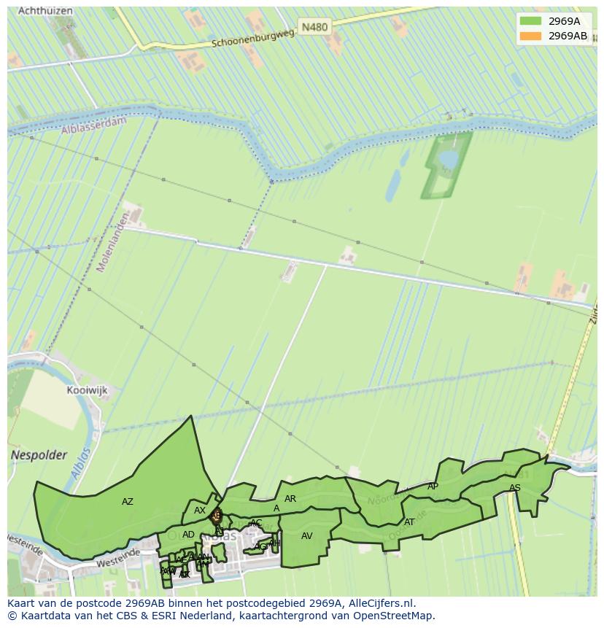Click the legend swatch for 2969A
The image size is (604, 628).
[530, 20]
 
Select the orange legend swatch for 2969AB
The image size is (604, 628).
[530, 36]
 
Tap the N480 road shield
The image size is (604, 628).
[314, 27]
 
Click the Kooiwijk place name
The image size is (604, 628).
[87, 390]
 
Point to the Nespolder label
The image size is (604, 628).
[39, 455]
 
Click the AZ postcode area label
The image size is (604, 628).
[128, 502]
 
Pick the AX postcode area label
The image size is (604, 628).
[200, 511]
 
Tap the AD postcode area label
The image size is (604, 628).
[188, 535]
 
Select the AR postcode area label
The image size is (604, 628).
[290, 499]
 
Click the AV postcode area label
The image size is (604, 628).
[307, 536]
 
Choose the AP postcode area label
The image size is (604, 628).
[433, 486]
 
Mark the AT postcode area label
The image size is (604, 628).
[409, 522]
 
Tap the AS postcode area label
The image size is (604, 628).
[515, 488]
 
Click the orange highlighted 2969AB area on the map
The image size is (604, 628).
[215, 516]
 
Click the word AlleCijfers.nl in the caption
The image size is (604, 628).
[382, 603]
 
